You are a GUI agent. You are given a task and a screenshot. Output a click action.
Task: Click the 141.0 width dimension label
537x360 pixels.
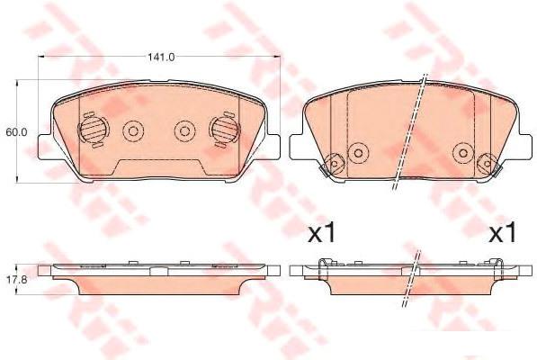(161, 57)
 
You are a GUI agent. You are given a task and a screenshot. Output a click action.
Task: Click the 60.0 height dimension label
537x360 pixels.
(16, 132)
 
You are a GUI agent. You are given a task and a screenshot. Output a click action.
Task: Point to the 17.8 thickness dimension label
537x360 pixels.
(17, 279)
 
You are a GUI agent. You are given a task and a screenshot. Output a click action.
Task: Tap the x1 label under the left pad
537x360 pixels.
(322, 233)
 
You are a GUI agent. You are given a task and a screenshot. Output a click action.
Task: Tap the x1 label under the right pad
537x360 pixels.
(502, 233)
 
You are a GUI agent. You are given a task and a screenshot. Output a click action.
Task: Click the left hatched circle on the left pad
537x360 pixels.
(94, 130)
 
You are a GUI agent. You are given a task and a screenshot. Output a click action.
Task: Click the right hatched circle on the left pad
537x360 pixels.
(224, 130)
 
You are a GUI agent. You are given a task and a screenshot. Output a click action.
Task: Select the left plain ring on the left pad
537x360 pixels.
(133, 131)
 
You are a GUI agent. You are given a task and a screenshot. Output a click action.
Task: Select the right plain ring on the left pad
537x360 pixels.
(185, 131)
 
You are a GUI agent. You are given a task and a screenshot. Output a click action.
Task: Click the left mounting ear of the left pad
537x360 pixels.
(44, 147)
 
